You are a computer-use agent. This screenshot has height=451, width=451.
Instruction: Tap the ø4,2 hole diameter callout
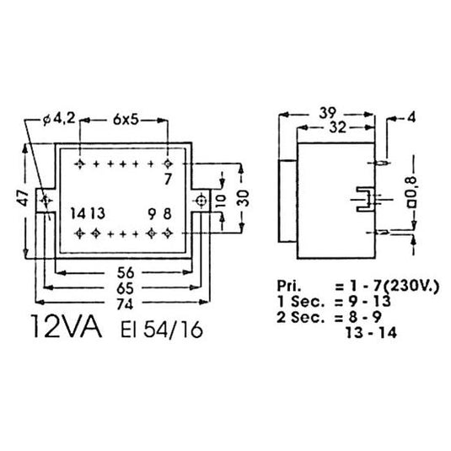point(59,119)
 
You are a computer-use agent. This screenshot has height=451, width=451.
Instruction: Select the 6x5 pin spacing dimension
point(126,120)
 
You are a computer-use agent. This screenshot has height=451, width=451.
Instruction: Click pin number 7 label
point(168,180)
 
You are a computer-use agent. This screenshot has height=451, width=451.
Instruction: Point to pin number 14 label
point(78,214)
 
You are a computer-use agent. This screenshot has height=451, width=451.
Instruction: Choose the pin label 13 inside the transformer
point(98,214)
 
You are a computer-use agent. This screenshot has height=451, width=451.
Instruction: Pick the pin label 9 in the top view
point(152,214)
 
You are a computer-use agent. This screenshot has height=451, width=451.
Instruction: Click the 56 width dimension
point(126,272)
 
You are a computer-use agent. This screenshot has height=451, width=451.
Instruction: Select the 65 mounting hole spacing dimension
point(126,288)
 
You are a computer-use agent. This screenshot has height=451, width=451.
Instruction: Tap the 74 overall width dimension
point(126,304)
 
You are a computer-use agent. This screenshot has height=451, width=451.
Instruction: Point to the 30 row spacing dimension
point(243,198)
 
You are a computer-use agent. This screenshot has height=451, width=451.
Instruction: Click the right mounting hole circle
point(201,200)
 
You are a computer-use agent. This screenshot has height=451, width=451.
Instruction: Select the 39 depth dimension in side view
point(328,113)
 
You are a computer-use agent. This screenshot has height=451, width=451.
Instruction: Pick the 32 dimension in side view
point(337,127)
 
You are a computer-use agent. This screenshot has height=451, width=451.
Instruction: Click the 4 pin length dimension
point(411,118)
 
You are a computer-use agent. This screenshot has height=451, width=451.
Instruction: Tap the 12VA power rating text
point(67,327)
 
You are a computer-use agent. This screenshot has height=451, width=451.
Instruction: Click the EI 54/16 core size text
point(162,330)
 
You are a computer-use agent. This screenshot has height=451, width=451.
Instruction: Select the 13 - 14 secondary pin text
point(371,333)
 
